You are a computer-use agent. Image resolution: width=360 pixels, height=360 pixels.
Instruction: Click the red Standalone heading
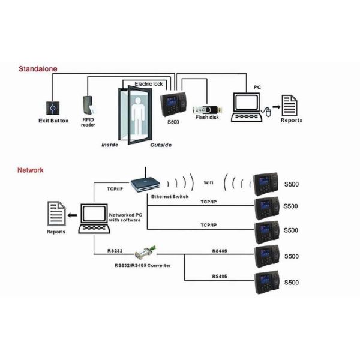37,70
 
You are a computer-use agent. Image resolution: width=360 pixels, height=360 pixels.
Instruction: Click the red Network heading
30,170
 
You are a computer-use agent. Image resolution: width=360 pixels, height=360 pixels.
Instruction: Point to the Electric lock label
149,83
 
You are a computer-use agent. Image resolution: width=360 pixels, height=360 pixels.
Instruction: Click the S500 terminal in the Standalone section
174,104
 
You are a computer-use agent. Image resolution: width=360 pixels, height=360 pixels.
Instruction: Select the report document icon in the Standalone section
292,106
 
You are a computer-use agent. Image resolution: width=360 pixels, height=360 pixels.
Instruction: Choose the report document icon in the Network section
58,214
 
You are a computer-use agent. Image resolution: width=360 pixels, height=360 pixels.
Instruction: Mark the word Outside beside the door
160,145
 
